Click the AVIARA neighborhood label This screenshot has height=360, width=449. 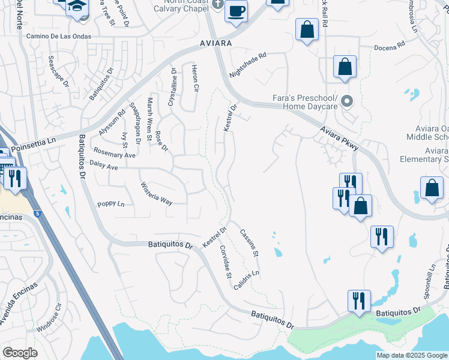tap(215, 45)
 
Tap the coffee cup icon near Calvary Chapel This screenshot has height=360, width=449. tap(236, 11)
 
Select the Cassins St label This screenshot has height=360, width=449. tap(249, 243)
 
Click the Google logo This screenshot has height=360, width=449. tap(20, 353)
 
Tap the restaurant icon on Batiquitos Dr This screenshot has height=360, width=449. tap(359, 301)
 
